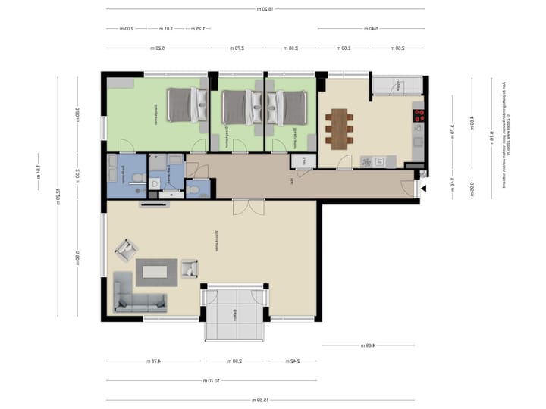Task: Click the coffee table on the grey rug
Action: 157,270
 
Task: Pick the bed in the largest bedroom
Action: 184,105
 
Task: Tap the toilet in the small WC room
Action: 195,189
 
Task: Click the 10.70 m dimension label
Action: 212,380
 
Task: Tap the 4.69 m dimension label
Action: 369,345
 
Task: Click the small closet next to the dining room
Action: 303,161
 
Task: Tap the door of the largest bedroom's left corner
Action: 127,146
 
